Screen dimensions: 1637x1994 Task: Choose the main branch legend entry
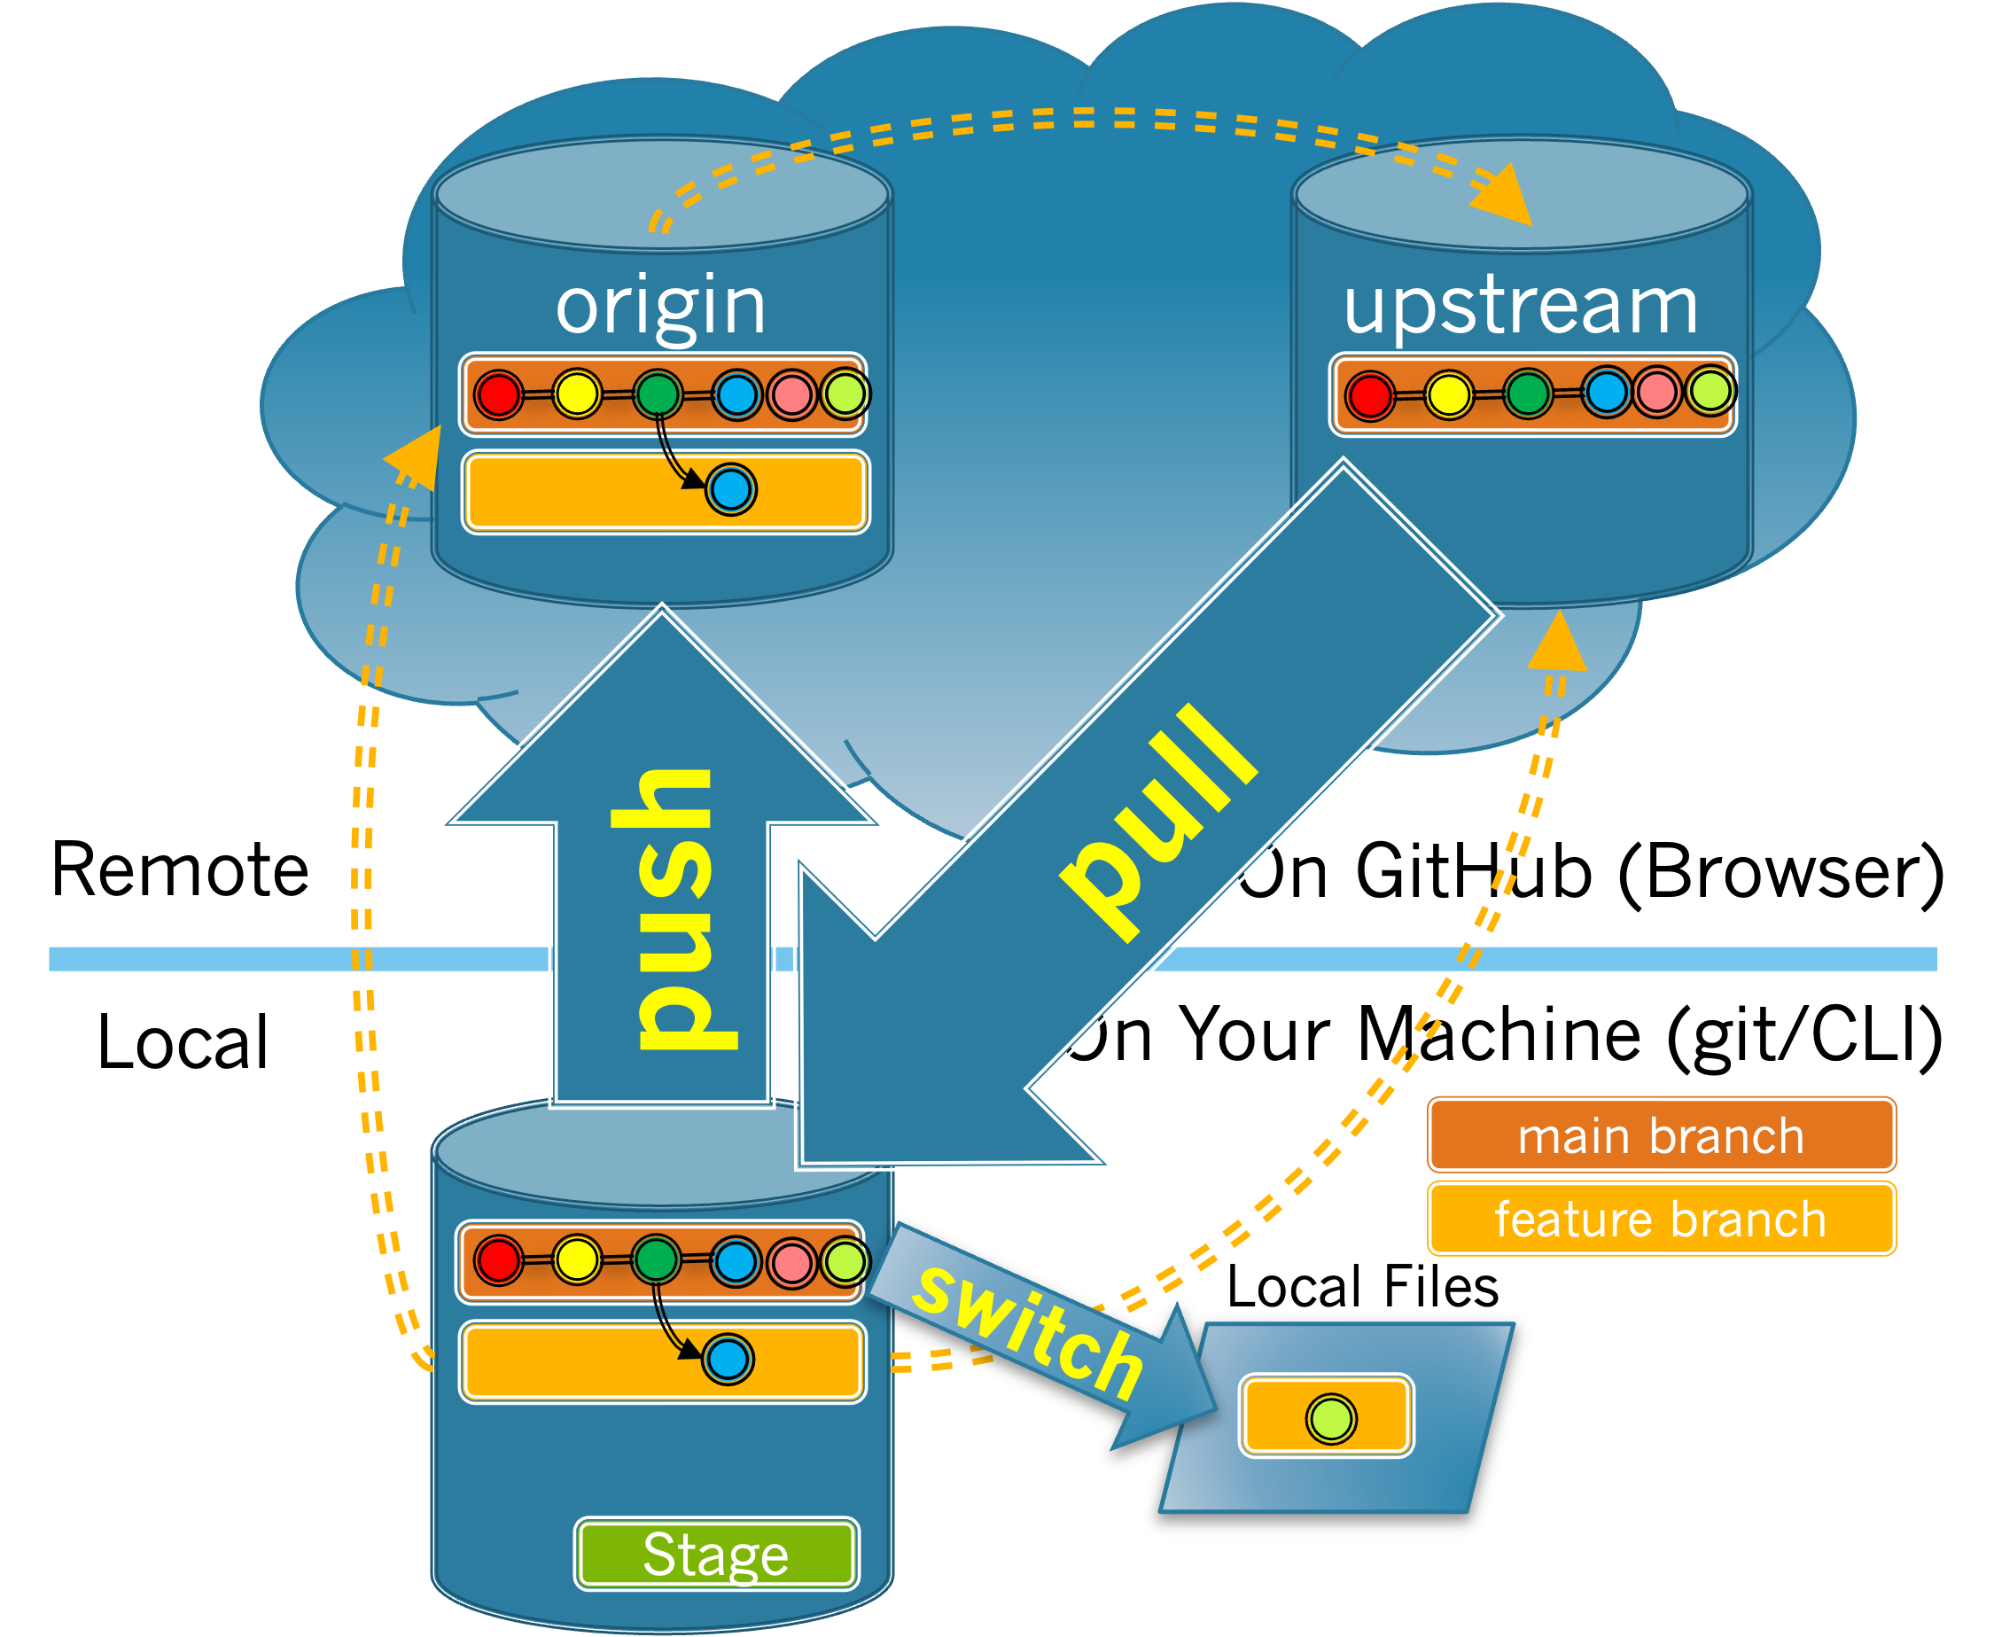(x=1660, y=1135)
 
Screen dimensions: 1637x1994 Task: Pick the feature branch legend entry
(x=1660, y=1220)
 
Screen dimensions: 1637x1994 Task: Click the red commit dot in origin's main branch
(x=498, y=394)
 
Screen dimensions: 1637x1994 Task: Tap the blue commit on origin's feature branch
(x=730, y=489)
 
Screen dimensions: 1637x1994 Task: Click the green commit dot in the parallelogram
(x=1331, y=1419)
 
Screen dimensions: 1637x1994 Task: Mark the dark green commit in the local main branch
(x=656, y=1259)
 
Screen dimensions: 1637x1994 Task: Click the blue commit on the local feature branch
(x=728, y=1360)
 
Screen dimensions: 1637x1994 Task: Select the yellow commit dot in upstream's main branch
(x=1448, y=394)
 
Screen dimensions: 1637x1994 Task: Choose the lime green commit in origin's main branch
(x=845, y=394)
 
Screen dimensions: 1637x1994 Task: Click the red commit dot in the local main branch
(x=498, y=1260)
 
